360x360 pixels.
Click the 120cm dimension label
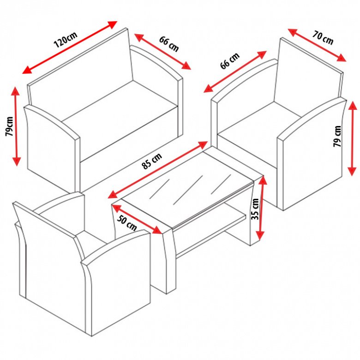point(66,39)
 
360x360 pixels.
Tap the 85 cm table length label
point(152,161)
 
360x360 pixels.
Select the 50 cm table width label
point(127,223)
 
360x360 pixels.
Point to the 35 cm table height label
point(255,209)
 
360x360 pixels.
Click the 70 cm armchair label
point(323,37)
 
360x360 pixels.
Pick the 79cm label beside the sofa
point(10,126)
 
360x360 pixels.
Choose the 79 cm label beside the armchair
point(337,136)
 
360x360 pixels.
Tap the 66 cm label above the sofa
point(169,44)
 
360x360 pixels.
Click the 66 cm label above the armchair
point(230,60)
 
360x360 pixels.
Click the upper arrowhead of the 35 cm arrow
point(262,181)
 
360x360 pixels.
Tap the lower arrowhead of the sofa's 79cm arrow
point(17,162)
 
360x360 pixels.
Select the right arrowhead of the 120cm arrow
point(113,24)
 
